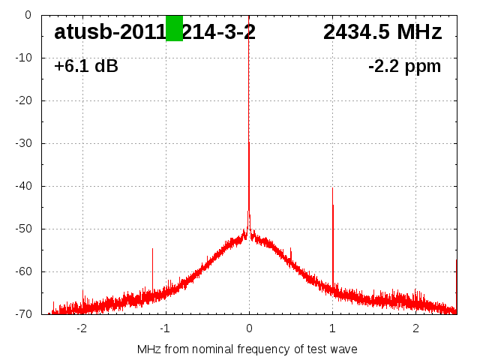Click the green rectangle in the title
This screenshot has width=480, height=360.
[x=174, y=28]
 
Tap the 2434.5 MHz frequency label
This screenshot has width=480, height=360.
[x=382, y=32]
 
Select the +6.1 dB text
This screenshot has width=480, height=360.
[x=86, y=67]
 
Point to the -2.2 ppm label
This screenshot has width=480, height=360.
[x=404, y=67]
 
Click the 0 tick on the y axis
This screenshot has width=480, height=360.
[x=28, y=15]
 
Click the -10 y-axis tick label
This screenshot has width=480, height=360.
[x=23, y=58]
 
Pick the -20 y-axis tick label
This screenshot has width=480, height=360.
[x=23, y=100]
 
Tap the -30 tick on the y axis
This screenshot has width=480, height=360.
[x=23, y=143]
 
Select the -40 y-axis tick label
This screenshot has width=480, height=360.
[x=23, y=186]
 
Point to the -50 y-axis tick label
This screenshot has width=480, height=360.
[x=23, y=229]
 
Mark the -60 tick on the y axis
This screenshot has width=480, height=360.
[x=23, y=271]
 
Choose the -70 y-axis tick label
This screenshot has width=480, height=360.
[x=23, y=314]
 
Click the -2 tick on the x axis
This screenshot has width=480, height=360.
[x=81, y=328]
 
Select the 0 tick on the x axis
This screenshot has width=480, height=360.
[x=249, y=328]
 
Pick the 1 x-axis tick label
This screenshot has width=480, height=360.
[x=332, y=328]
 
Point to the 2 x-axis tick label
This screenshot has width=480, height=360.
[x=415, y=328]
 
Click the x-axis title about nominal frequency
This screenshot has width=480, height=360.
[x=247, y=349]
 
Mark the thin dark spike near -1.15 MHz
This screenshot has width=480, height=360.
[x=152, y=266]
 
